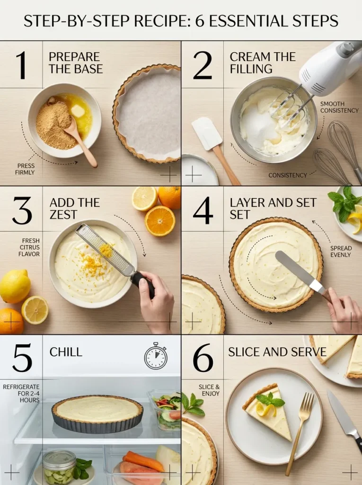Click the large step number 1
point(21,65)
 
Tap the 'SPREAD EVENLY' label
point(341,251)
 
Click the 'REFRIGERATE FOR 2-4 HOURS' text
point(21,393)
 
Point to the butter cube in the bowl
point(78,110)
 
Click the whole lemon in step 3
point(14,286)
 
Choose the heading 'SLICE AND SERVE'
point(277,352)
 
